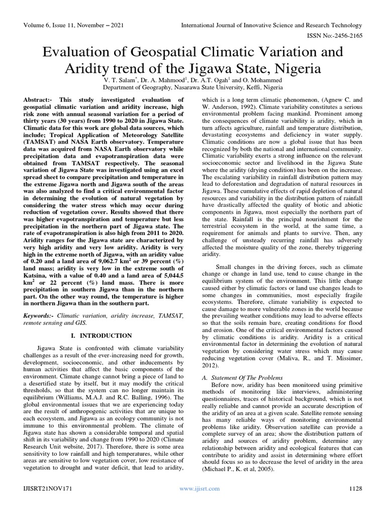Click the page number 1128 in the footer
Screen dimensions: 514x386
coord(354,488)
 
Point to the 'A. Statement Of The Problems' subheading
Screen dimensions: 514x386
coord(242,377)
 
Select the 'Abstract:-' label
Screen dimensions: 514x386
coord(39,101)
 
